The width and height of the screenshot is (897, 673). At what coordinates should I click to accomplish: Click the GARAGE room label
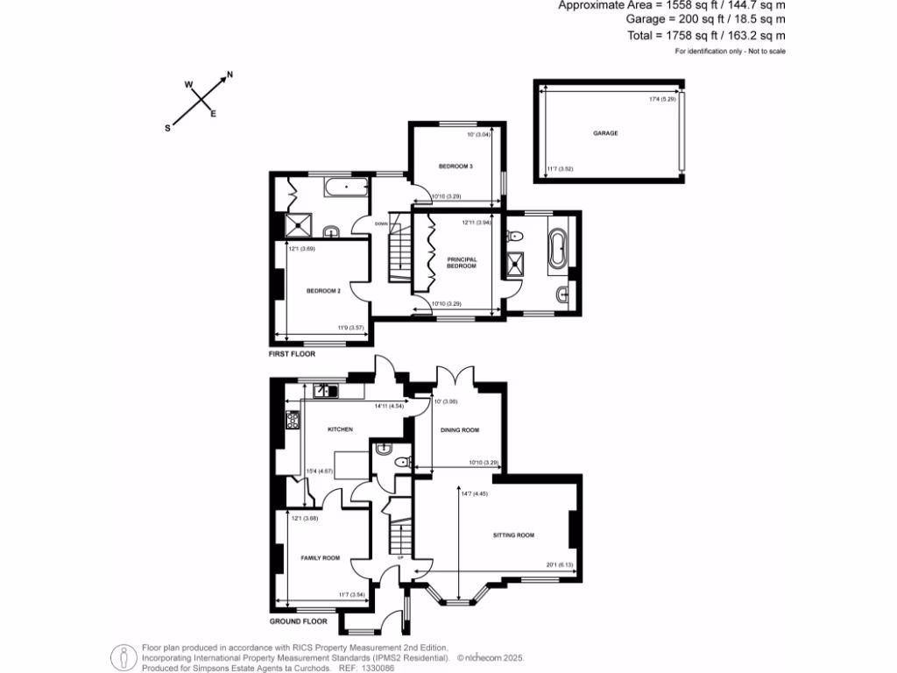(x=605, y=133)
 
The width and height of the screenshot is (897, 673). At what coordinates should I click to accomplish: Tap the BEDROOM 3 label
(x=456, y=166)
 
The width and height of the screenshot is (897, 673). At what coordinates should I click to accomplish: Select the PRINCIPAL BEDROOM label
(x=461, y=262)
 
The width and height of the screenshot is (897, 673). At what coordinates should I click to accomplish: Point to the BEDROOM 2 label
(x=322, y=291)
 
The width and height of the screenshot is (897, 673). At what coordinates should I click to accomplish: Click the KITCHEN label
(x=340, y=429)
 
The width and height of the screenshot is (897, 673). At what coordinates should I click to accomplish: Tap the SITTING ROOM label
(x=512, y=535)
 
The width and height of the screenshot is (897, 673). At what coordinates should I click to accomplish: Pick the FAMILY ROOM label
(x=320, y=558)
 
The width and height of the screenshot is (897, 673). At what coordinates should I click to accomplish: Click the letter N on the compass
(x=230, y=75)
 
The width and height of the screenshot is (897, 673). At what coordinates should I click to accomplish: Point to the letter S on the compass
(x=167, y=128)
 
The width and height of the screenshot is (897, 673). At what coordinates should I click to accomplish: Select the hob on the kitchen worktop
(x=293, y=422)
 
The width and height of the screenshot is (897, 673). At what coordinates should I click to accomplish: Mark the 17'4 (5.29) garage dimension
(x=661, y=99)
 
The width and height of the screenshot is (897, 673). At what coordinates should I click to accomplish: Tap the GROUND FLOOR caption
(x=298, y=621)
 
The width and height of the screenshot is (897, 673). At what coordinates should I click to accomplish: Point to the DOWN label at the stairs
(x=380, y=223)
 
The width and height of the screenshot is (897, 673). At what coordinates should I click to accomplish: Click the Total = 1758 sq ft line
(x=705, y=35)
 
